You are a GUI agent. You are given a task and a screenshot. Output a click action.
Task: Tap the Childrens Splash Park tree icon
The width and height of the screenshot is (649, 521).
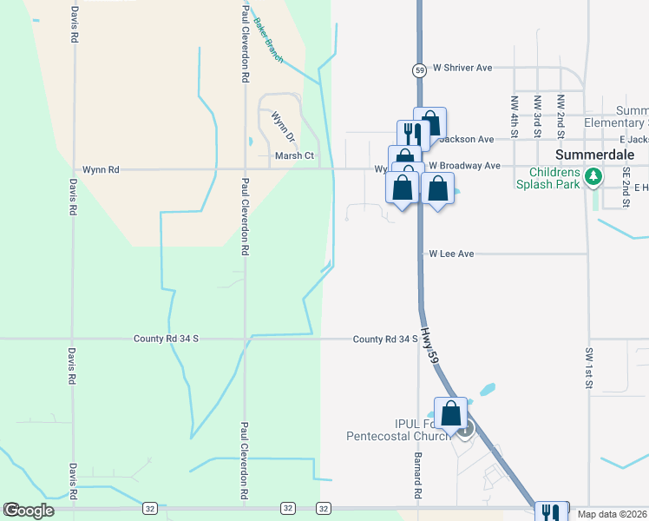(593, 177)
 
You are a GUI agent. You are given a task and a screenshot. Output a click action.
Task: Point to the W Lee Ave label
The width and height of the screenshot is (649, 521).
(452, 254)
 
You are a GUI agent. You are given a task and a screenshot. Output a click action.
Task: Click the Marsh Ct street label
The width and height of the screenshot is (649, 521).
(294, 156)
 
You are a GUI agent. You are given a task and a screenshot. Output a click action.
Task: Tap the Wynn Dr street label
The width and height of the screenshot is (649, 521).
(284, 127)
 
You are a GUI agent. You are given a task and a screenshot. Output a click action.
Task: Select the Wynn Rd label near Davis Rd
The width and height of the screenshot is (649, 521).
(100, 170)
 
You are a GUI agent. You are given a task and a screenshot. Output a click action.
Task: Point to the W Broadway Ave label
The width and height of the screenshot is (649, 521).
(469, 166)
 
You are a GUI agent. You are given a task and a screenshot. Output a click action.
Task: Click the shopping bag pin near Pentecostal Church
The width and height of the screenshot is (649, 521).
(451, 412)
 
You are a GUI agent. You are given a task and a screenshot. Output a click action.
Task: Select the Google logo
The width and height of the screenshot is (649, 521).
(29, 511)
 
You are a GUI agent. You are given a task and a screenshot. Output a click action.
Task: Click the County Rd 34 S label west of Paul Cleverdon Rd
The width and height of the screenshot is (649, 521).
(167, 339)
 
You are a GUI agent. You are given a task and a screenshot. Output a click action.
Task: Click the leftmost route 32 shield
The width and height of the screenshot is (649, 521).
(150, 507)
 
